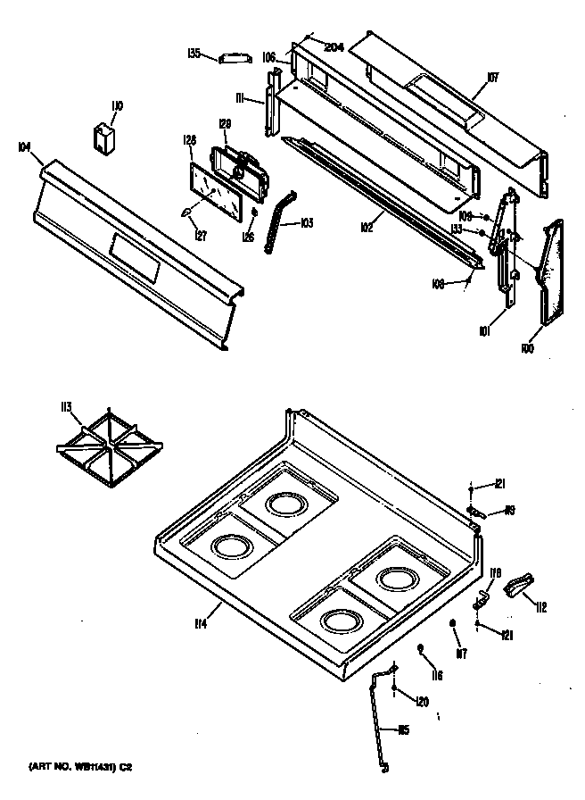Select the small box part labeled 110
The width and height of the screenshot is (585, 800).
click(105, 140)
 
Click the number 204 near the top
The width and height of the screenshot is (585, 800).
click(334, 47)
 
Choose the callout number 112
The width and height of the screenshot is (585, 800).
click(540, 608)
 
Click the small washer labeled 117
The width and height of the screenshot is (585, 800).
click(454, 623)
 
